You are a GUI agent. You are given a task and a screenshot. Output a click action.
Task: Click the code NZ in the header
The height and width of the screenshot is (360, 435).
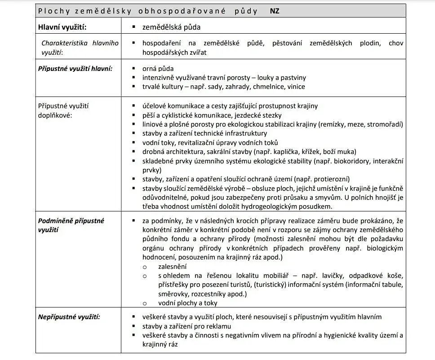(x=275, y=11)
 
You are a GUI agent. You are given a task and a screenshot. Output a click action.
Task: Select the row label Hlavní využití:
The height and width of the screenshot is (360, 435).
(x=62, y=27)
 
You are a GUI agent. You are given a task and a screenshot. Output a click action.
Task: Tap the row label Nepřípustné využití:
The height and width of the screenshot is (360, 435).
(x=69, y=317)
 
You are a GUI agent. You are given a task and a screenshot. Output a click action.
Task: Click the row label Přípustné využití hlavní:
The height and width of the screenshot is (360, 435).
(x=75, y=69)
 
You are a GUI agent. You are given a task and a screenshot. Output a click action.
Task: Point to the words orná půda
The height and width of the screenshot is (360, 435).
(x=158, y=69)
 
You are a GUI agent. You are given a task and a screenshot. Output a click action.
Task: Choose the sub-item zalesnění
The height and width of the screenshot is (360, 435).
(x=173, y=266)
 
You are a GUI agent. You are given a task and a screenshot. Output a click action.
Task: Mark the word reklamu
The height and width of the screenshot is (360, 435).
(x=217, y=326)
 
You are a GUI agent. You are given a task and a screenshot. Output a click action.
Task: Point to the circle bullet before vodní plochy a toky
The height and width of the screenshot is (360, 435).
(x=145, y=303)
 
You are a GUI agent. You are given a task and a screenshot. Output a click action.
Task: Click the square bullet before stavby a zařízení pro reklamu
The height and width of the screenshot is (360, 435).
(x=134, y=326)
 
